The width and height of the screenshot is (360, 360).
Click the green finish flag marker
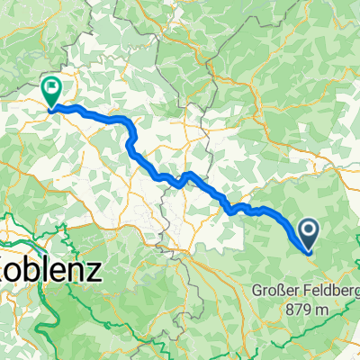[52, 91]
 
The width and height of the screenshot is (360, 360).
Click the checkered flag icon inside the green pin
[52, 89]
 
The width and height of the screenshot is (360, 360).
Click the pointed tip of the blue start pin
[308, 253]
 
